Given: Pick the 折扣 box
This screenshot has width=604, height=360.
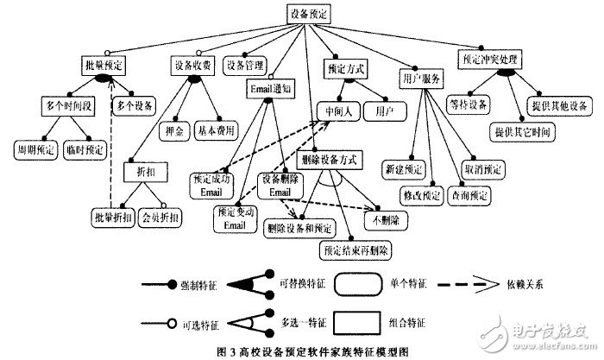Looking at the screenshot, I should pyautogui.click(x=142, y=173).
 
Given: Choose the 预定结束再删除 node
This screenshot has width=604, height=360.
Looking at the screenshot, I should pyautogui.click(x=355, y=250).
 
